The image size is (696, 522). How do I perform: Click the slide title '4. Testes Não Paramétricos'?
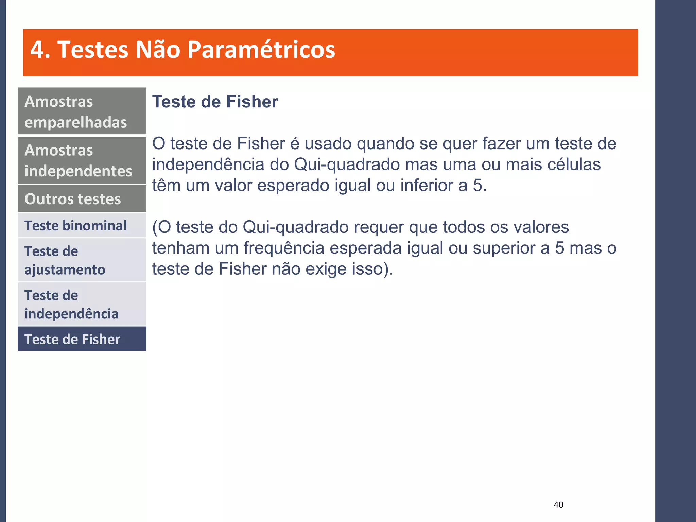pos(182,50)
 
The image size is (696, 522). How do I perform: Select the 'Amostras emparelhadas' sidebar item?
pos(82,111)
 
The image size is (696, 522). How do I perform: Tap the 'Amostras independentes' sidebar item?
pos(82,160)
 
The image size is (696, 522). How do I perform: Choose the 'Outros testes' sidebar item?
pos(82,199)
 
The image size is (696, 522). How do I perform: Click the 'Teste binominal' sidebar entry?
pos(82,226)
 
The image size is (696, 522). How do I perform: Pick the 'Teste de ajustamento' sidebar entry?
pos(82,260)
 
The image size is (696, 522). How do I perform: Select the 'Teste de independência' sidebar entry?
pos(82,304)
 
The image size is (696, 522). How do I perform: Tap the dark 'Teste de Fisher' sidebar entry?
pos(82,339)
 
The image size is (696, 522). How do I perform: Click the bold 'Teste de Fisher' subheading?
pos(215,102)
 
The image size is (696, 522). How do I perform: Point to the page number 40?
pos(558,505)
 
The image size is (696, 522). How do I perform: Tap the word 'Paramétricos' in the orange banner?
pos(261,50)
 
